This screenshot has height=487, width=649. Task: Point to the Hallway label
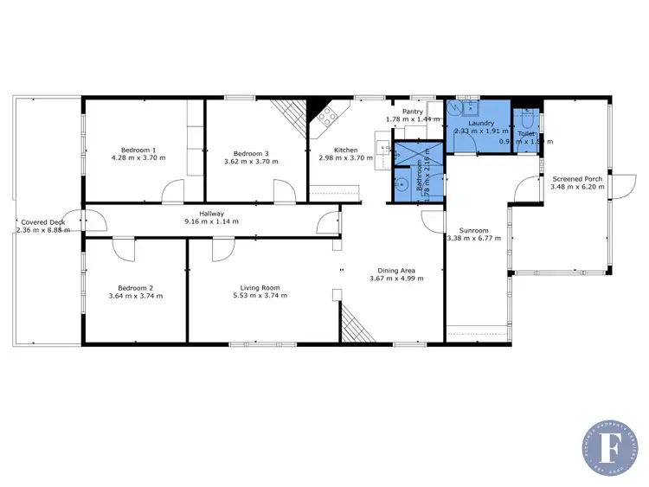pyautogui.click(x=210, y=214)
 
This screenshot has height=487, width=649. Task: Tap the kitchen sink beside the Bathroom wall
pyautogui.click(x=382, y=148)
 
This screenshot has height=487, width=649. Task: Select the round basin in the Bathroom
pyautogui.click(x=402, y=183)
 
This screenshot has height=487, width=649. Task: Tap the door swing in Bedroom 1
pyautogui.click(x=173, y=191)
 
